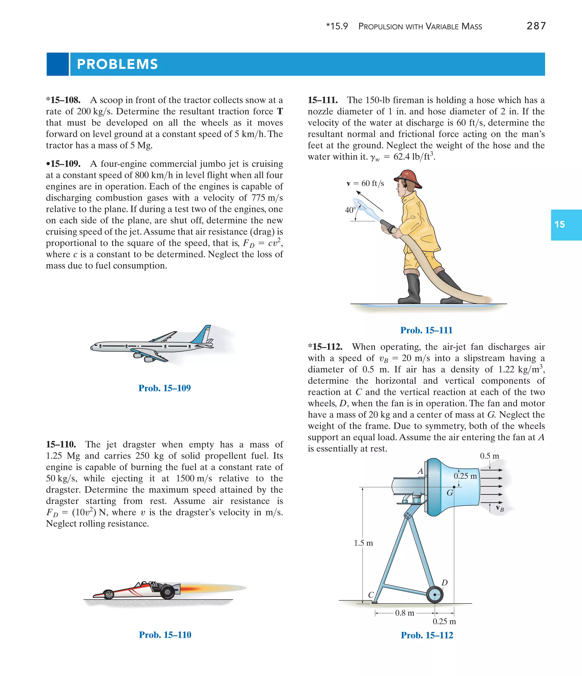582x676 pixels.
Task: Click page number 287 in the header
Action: (536, 26)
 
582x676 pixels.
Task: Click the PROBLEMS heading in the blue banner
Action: (117, 64)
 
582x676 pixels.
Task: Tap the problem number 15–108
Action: (64, 100)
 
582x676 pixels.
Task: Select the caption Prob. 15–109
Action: (164, 388)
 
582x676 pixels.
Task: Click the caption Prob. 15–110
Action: (165, 634)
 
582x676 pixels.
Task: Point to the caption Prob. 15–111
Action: (426, 330)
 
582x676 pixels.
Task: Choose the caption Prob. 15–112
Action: (427, 635)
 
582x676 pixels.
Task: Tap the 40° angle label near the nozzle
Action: (350, 210)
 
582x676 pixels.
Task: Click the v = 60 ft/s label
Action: (365, 183)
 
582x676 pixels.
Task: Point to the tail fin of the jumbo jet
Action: (203, 334)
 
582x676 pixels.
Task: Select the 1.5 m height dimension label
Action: (363, 543)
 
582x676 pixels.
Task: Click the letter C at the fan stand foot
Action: (371, 595)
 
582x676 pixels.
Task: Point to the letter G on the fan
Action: (450, 493)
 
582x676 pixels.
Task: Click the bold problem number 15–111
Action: (323, 100)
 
